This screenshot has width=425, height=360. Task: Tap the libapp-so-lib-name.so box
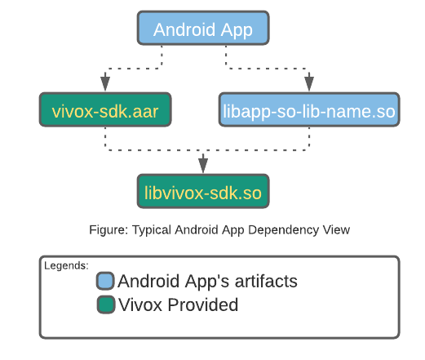tap(309, 110)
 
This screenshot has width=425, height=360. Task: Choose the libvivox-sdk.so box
tap(202, 192)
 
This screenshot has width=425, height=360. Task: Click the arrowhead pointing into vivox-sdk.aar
tap(104, 82)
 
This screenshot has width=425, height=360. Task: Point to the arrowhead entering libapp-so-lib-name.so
tap(309, 82)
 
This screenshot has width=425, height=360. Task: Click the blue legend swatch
tap(105, 282)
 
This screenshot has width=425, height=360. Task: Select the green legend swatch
tap(105, 305)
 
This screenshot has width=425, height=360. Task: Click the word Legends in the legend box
tap(66, 265)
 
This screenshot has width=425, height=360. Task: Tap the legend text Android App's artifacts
tap(207, 282)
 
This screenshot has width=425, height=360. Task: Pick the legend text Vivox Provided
tap(178, 305)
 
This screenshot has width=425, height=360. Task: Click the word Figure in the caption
tap(108, 230)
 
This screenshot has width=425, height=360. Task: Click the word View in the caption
tap(335, 230)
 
